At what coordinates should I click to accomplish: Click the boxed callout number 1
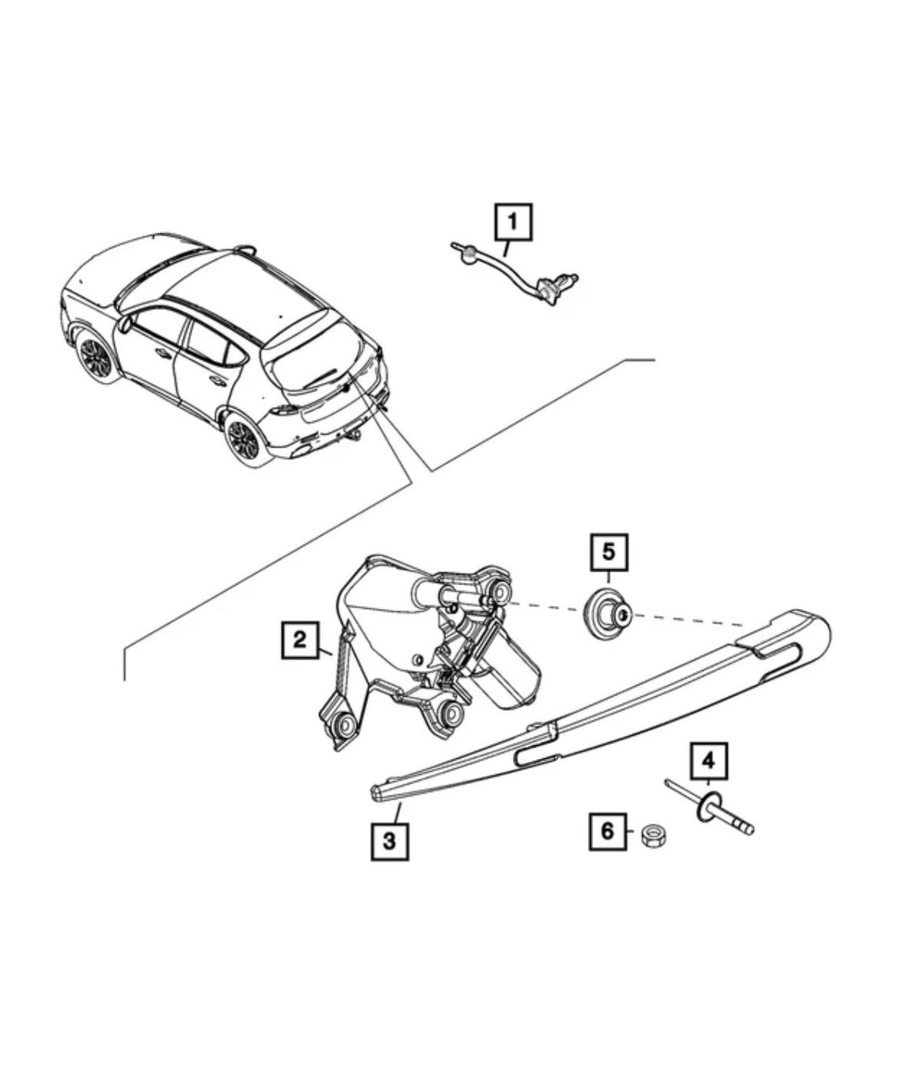pyautogui.click(x=513, y=223)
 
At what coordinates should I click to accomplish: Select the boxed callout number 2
pyautogui.click(x=300, y=640)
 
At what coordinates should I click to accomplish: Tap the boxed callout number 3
pyautogui.click(x=389, y=841)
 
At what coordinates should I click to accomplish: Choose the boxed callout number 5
pyautogui.click(x=609, y=552)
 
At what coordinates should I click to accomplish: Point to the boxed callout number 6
pyautogui.click(x=607, y=831)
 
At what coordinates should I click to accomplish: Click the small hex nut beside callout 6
pyautogui.click(x=655, y=835)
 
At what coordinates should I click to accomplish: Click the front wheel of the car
pyautogui.click(x=95, y=356)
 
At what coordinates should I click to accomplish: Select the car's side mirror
pyautogui.click(x=125, y=325)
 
